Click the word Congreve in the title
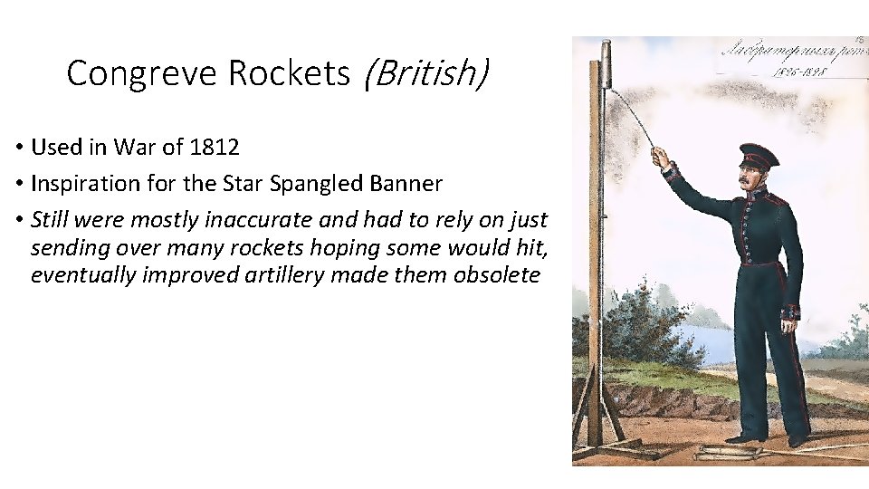click(x=142, y=73)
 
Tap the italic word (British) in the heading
click(x=424, y=73)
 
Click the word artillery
click(x=285, y=274)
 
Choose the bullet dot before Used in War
click(x=18, y=148)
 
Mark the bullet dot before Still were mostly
click(x=18, y=221)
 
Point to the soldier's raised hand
click(x=663, y=159)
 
